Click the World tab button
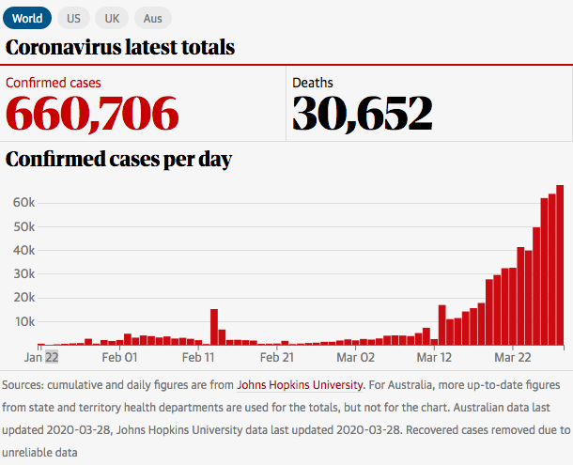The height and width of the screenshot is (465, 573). (27, 18)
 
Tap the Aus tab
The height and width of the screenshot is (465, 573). (152, 18)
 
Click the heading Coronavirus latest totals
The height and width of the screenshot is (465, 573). (120, 47)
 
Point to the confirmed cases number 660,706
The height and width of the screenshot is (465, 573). (92, 113)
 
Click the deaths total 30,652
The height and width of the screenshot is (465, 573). (363, 113)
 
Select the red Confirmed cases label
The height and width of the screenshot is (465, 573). (54, 83)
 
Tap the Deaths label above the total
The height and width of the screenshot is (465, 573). (313, 83)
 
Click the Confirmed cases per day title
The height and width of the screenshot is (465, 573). (119, 159)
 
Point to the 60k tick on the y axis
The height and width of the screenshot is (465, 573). (23, 202)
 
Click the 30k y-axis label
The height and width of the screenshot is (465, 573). (23, 273)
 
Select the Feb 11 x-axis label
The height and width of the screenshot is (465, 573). (198, 357)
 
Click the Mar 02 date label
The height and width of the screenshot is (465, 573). (355, 357)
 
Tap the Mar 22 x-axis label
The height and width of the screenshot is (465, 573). (513, 357)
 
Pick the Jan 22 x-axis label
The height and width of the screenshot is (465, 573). (41, 357)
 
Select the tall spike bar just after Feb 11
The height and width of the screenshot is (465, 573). (214, 327)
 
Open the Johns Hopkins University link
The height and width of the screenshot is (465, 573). (300, 384)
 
